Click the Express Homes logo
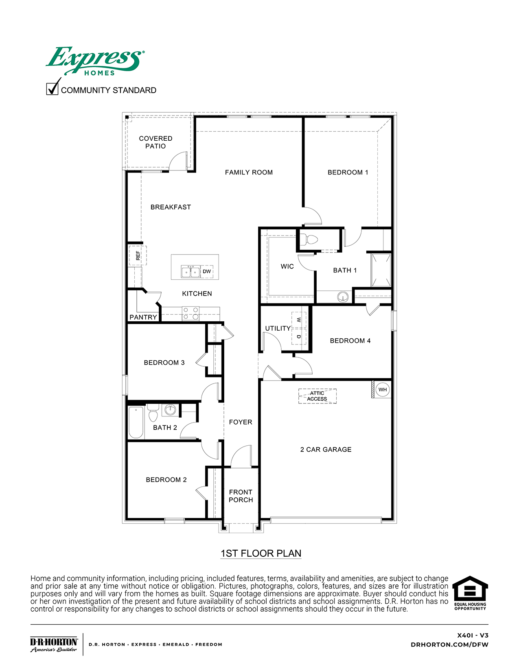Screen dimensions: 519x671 point(95,61)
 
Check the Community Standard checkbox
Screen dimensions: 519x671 point(52,89)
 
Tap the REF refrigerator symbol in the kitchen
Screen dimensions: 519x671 point(138,255)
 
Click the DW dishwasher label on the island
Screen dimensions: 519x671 point(207,271)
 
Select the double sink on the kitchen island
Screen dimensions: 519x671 point(191,272)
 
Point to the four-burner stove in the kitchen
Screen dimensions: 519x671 point(191,313)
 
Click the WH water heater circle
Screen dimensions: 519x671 point(383,390)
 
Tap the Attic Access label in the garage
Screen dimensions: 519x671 point(317,396)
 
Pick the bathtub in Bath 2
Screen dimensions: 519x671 point(136,423)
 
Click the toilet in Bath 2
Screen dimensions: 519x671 point(153,412)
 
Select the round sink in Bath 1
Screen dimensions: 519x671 point(343,297)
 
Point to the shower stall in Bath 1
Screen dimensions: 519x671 point(381,270)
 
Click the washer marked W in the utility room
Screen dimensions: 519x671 point(299,320)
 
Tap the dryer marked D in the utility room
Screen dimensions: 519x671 point(299,336)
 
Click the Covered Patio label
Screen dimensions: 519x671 point(155,142)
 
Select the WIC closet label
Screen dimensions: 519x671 point(287,266)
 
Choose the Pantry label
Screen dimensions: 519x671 point(143,317)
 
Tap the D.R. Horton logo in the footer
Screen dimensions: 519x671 point(54,645)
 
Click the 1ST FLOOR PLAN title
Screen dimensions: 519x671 point(261,553)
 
